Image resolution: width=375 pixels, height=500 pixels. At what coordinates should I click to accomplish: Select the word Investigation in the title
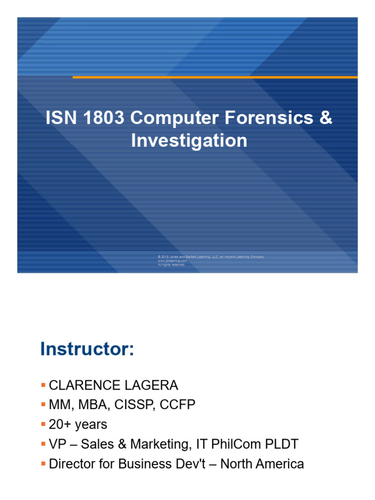coord(189,141)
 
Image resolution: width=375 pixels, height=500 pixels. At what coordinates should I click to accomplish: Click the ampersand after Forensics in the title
coord(326,118)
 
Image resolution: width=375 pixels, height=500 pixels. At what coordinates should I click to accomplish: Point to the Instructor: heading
coord(86,349)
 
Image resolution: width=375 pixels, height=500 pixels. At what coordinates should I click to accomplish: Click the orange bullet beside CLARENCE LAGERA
coord(43,385)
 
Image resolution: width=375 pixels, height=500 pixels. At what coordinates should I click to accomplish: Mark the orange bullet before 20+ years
coord(43,424)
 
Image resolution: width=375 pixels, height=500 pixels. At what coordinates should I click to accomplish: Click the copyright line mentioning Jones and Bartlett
coord(211,257)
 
